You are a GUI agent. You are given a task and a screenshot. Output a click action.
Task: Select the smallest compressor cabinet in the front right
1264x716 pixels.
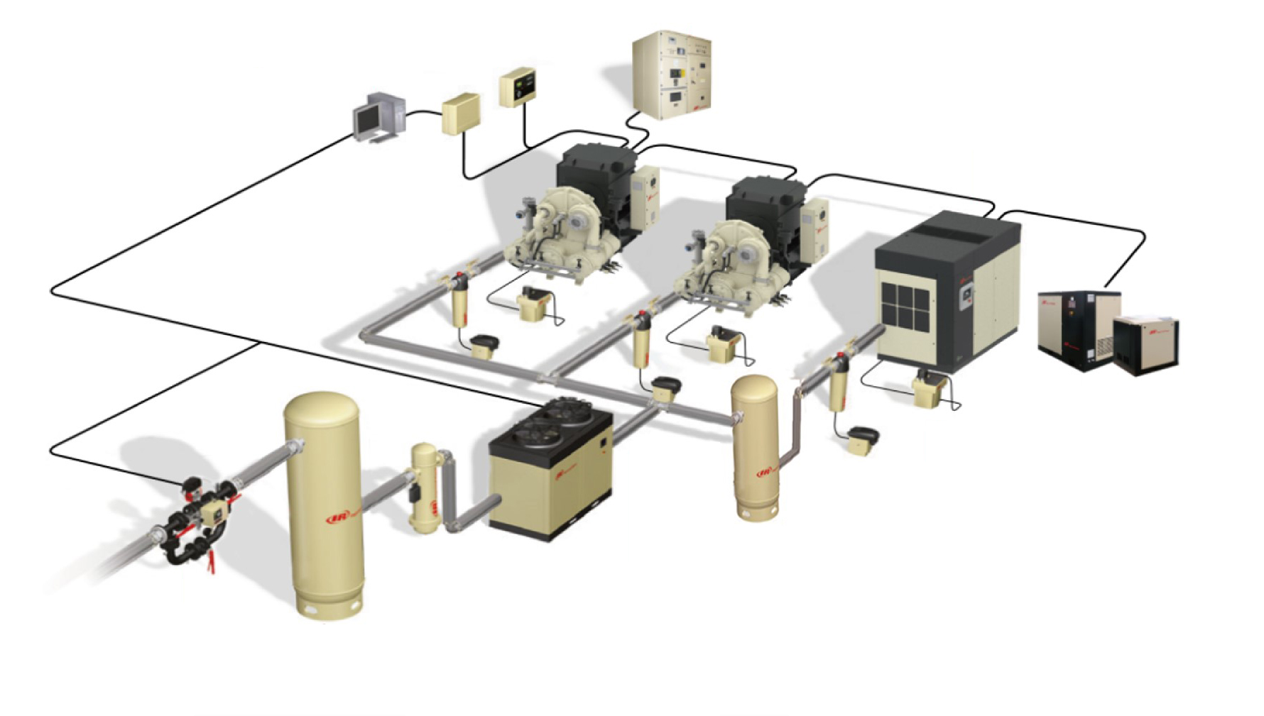1145,344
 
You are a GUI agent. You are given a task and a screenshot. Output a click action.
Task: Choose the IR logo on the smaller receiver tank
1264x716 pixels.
765,473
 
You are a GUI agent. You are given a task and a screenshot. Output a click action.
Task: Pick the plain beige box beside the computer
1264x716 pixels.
460,114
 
